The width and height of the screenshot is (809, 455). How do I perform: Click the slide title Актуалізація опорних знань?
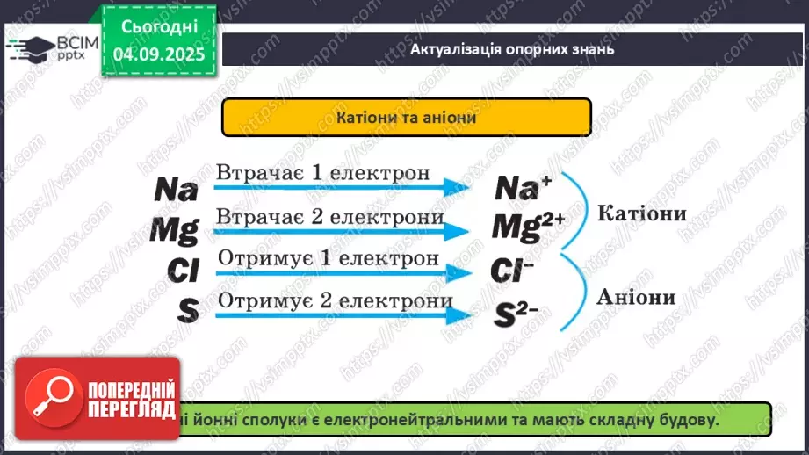[512, 48]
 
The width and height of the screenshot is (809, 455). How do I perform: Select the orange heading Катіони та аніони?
[407, 117]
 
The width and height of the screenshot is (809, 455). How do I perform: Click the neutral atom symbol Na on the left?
[177, 189]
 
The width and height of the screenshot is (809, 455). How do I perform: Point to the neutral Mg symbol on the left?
[174, 229]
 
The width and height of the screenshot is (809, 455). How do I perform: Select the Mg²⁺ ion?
[527, 227]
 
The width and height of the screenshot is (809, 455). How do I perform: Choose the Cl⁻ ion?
[514, 270]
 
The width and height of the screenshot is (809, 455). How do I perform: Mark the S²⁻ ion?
[513, 313]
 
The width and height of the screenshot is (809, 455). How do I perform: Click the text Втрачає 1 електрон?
[323, 172]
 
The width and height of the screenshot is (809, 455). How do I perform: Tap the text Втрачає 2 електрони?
[329, 216]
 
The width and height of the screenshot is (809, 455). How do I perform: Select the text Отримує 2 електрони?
[335, 300]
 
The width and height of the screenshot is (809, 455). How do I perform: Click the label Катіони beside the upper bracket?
[641, 213]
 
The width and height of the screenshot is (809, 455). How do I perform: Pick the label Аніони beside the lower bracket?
[636, 297]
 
